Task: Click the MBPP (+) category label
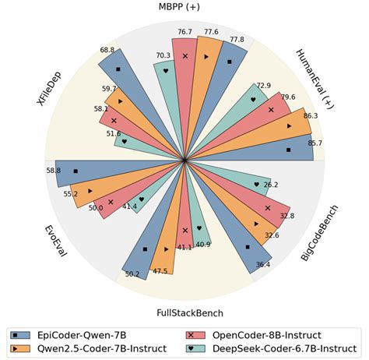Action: point(184,8)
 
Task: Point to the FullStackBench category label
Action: point(184,312)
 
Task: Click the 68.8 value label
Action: point(107,50)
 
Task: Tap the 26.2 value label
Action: point(271,185)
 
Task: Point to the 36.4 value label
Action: point(263,264)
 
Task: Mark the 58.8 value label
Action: point(53,171)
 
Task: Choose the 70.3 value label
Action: point(163,55)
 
